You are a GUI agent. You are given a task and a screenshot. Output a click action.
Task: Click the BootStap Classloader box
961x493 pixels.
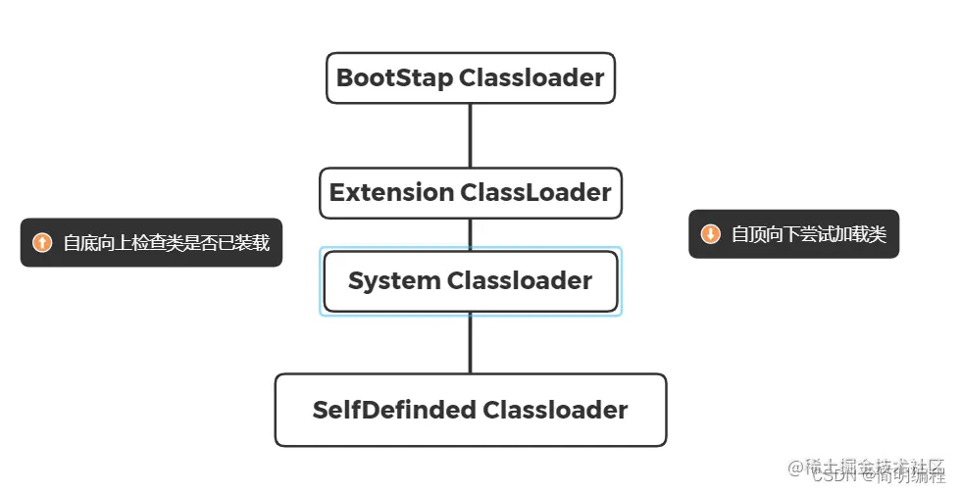pos(470,78)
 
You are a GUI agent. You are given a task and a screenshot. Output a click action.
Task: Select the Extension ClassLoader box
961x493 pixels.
pos(470,192)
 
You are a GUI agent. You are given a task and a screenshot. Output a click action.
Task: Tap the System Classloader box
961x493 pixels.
pos(470,281)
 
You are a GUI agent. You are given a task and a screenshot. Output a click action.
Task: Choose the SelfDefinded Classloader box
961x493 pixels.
pos(470,410)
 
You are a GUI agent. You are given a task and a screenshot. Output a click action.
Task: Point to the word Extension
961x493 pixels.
pos(391,192)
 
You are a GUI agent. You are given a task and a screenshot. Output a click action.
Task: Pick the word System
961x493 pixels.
pos(393,281)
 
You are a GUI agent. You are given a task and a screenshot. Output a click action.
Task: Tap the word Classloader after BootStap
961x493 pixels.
pos(532,78)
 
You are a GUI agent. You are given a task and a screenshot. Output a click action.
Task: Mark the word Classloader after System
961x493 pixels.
pos(520,281)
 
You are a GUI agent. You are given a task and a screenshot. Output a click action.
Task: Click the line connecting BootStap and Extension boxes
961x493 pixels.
pos(470,135)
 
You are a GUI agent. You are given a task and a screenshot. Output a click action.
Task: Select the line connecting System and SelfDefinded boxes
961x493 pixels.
pos(470,343)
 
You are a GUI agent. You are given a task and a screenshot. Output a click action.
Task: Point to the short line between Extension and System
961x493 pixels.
pos(470,233)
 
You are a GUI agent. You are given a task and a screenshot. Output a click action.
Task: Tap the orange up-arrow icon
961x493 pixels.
pos(42,243)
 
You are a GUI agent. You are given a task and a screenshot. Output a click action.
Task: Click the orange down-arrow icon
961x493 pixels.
pos(710,234)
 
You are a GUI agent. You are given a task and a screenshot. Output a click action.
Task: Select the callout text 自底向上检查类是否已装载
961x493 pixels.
pos(166,243)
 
